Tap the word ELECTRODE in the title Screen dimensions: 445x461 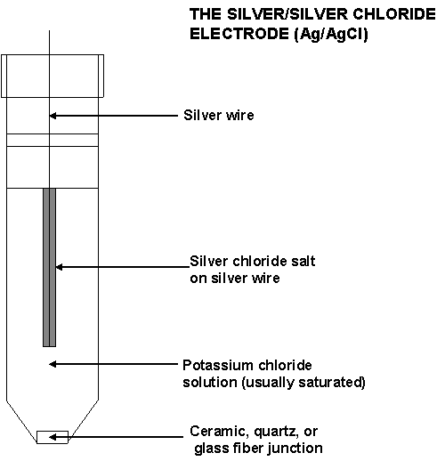[x=239, y=33]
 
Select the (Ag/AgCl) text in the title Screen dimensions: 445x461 [x=331, y=34]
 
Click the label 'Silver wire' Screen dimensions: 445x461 [x=219, y=115]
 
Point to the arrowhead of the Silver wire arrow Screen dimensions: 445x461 [x=53, y=116]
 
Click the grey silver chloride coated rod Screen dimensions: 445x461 [x=49, y=267]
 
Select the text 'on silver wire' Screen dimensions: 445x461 [x=235, y=279]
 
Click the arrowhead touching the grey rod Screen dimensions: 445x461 [x=59, y=267]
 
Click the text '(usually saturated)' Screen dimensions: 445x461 [x=303, y=383]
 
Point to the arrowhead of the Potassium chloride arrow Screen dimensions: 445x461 [x=53, y=364]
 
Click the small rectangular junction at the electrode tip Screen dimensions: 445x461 [x=53, y=437]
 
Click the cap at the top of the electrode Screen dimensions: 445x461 [x=53, y=76]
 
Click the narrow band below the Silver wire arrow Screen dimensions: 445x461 [x=53, y=140]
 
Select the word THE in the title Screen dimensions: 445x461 [x=206, y=14]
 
